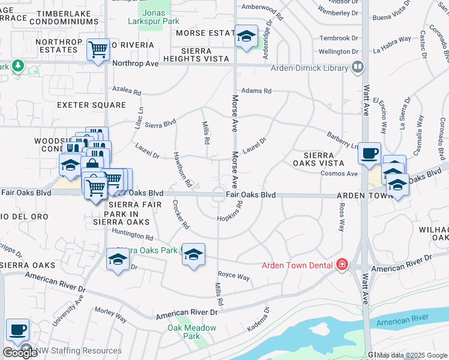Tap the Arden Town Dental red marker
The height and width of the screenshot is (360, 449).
tap(342, 265)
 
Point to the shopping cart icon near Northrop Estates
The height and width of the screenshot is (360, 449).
tap(98, 50)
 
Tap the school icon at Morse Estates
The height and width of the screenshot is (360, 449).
tap(246, 36)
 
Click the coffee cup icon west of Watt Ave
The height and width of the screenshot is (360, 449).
tap(369, 153)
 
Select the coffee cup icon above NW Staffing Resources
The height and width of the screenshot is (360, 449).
tap(17, 329)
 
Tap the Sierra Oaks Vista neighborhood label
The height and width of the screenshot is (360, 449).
tap(318, 159)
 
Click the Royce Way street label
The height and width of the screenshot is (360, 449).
tap(234, 277)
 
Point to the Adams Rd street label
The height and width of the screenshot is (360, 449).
tap(256, 91)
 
